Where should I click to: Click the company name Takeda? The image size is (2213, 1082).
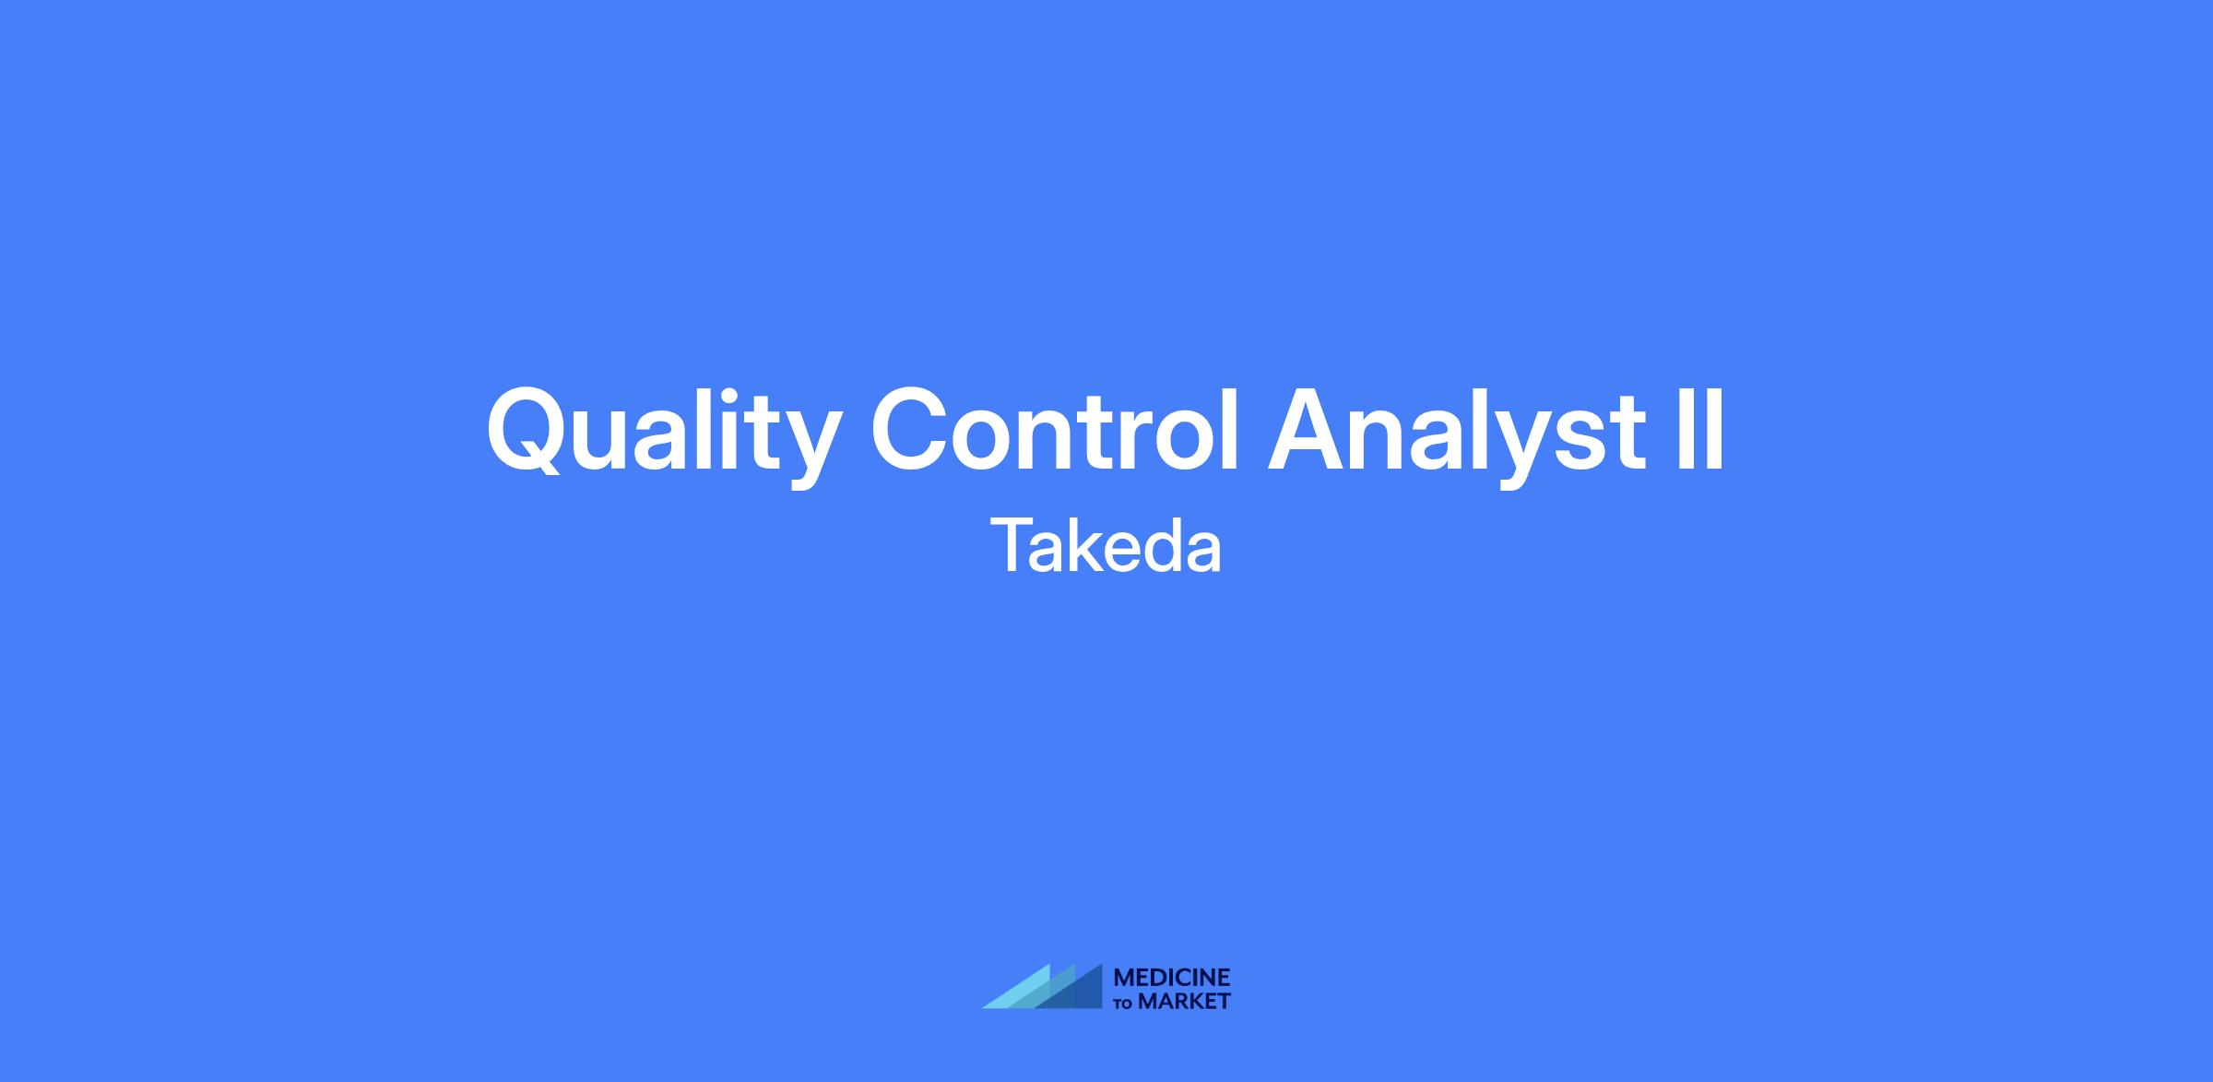pyautogui.click(x=1106, y=546)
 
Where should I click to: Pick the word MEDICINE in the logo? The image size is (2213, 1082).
pyautogui.click(x=1172, y=978)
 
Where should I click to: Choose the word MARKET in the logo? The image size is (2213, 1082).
pyautogui.click(x=1184, y=1001)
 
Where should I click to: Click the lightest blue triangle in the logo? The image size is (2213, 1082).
pyautogui.click(x=1024, y=993)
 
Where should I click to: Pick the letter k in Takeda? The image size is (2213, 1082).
pyautogui.click(x=1082, y=545)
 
